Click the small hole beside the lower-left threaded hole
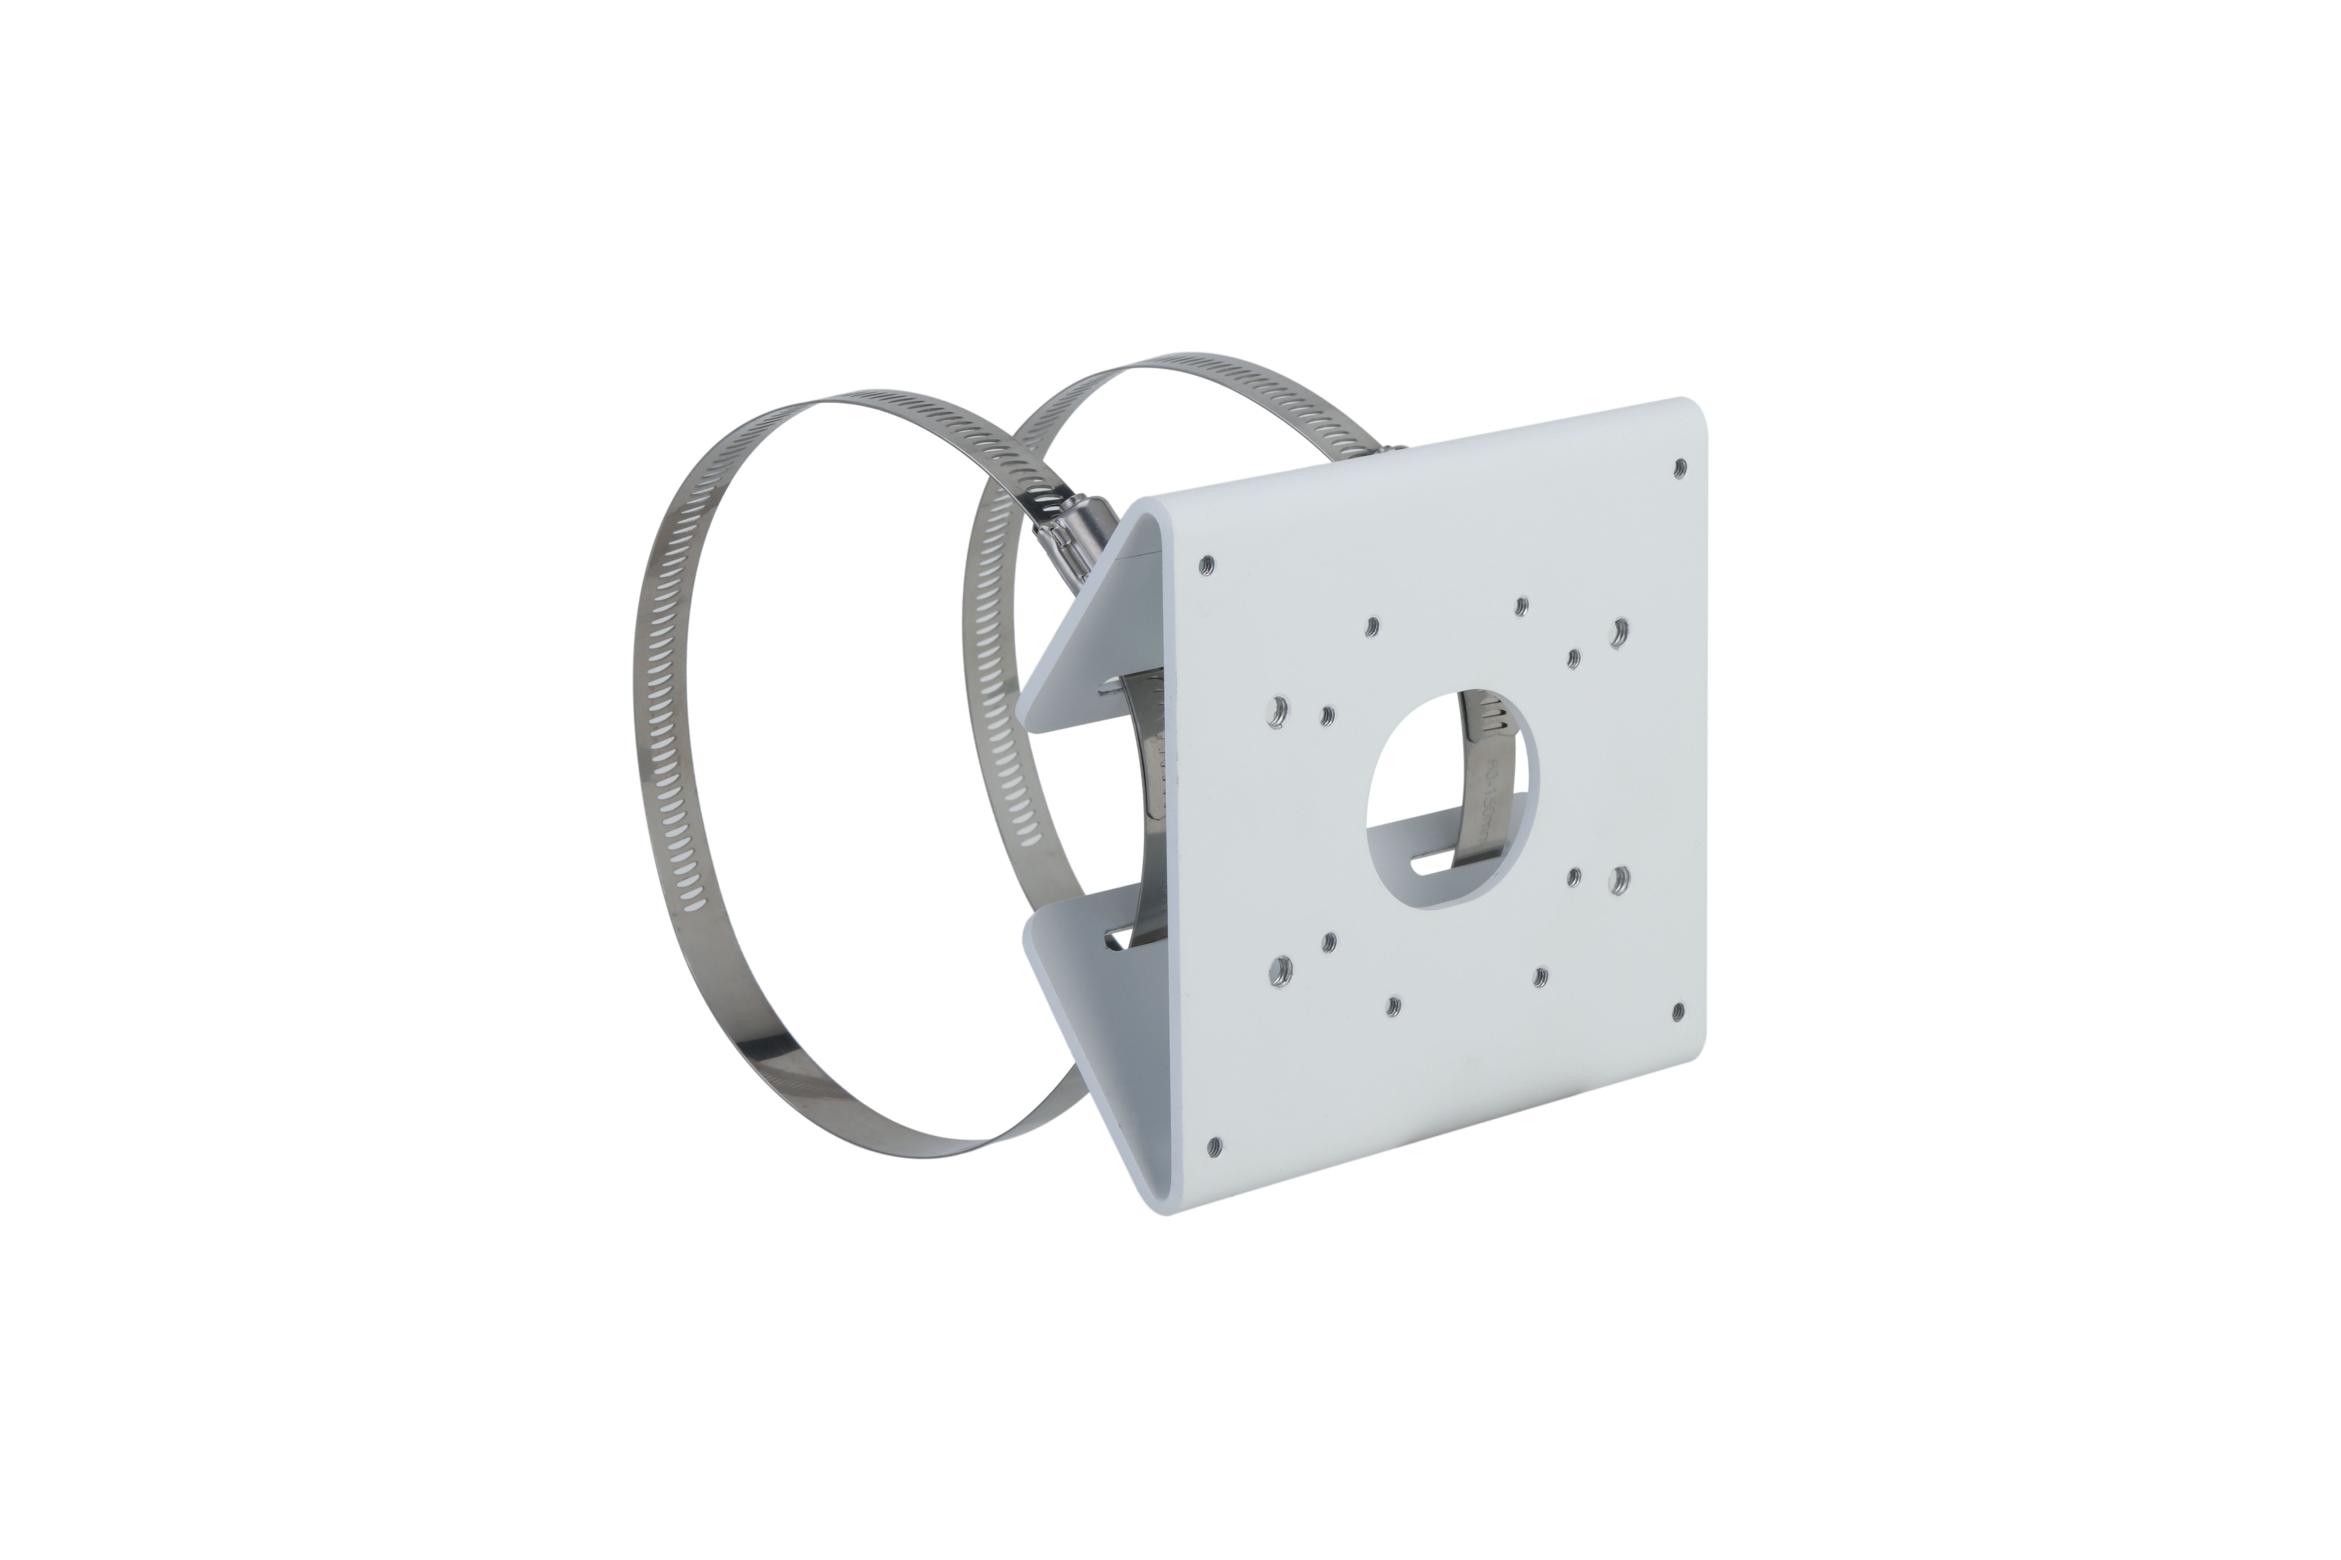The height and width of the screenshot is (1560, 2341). pos(1329,940)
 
